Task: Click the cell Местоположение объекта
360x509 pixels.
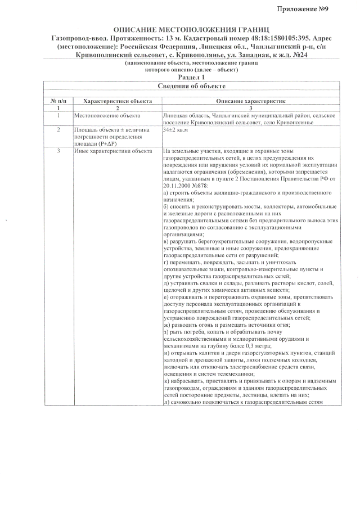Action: coord(107,115)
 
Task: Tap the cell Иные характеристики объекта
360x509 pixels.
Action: coord(113,151)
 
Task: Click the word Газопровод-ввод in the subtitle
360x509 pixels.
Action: coord(74,37)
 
